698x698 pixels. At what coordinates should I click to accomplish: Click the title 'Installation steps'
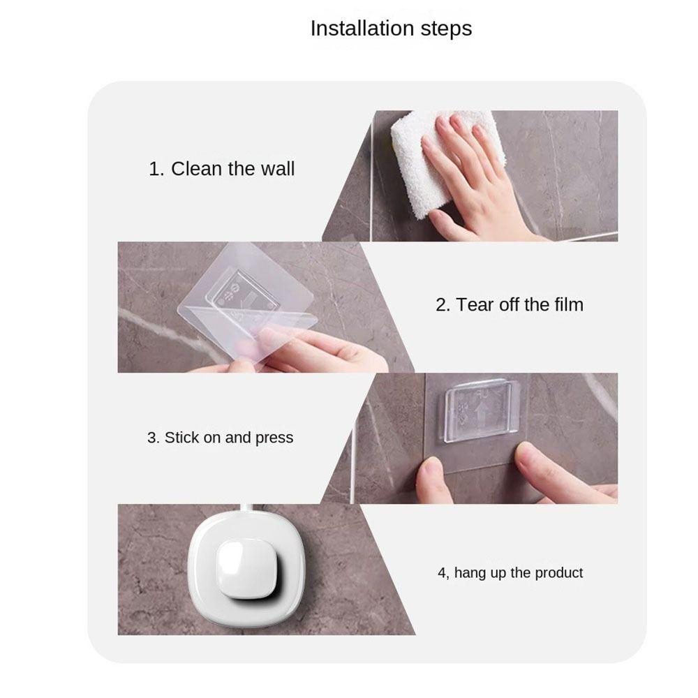[x=391, y=29]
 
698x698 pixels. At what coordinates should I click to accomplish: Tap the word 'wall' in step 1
[x=277, y=169]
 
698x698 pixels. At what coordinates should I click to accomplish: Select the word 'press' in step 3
[x=274, y=438]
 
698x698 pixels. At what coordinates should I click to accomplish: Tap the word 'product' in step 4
[x=559, y=573]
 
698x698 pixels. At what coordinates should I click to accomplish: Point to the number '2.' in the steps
[x=443, y=305]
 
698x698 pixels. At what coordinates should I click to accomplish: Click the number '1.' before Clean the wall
[x=156, y=169]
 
